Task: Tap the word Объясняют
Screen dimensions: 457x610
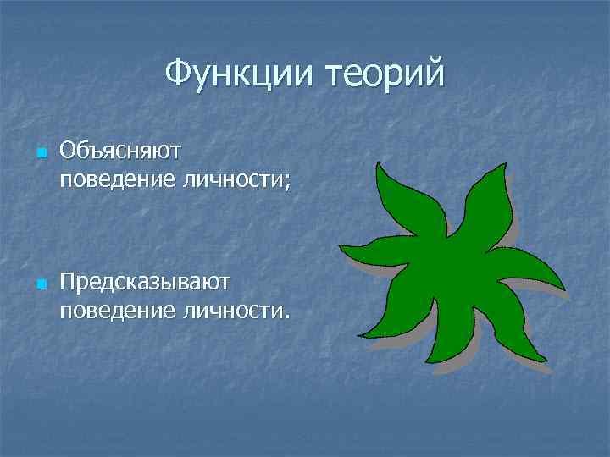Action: pos(119,151)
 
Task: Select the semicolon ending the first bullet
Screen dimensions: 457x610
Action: pos(286,183)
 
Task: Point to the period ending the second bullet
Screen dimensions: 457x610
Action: pos(286,317)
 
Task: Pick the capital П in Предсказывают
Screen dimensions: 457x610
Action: pos(69,281)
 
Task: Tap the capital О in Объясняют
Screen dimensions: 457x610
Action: pos(69,151)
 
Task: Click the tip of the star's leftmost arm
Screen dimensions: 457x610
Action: pos(341,247)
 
